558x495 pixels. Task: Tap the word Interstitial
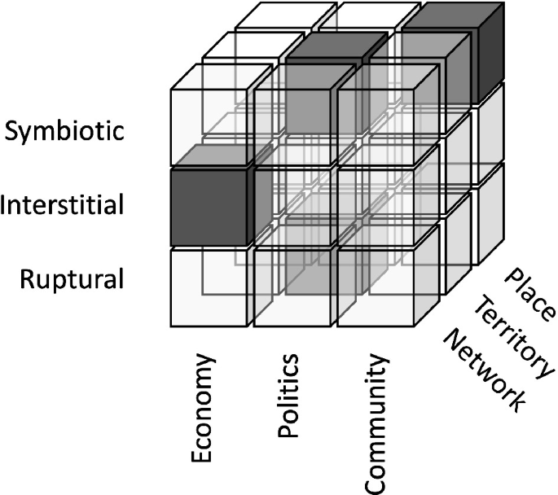pos(62,204)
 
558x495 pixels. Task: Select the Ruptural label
pos(72,279)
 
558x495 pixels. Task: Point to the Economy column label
pos(203,408)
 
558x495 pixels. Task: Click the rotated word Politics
pos(288,395)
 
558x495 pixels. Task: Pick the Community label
pos(376,424)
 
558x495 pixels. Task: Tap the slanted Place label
pos(529,296)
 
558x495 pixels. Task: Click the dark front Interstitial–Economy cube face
pos(209,207)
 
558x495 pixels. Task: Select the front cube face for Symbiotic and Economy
pos(209,128)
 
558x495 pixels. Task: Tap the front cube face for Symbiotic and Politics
pos(292,128)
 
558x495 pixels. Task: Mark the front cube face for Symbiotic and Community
pos(376,128)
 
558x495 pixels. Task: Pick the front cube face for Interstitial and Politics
pos(292,207)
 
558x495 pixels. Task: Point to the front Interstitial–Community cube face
pos(376,207)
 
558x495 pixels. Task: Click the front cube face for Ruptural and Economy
pos(209,287)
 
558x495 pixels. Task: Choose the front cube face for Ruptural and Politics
pos(292,287)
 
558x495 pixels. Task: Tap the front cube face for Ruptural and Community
pos(376,287)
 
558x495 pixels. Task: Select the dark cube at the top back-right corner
pos(454,54)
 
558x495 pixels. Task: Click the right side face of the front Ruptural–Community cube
pos(427,276)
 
